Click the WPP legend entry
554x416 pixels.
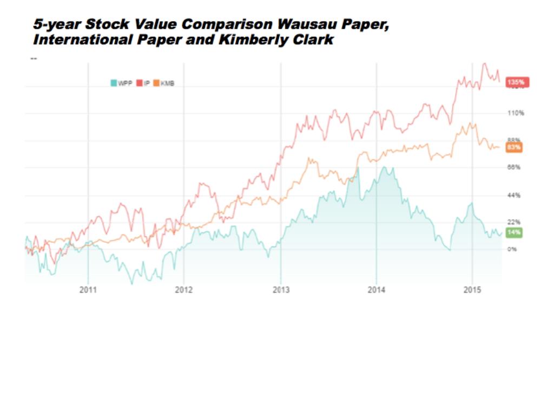121,83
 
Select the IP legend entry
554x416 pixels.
143,83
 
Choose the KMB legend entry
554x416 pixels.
164,83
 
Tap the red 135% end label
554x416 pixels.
517,82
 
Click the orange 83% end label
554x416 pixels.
514,147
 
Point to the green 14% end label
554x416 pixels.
514,232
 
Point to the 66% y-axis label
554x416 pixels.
513,167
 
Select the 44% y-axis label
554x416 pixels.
513,195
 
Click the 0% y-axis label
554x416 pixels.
512,249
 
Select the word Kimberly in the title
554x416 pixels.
255,41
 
